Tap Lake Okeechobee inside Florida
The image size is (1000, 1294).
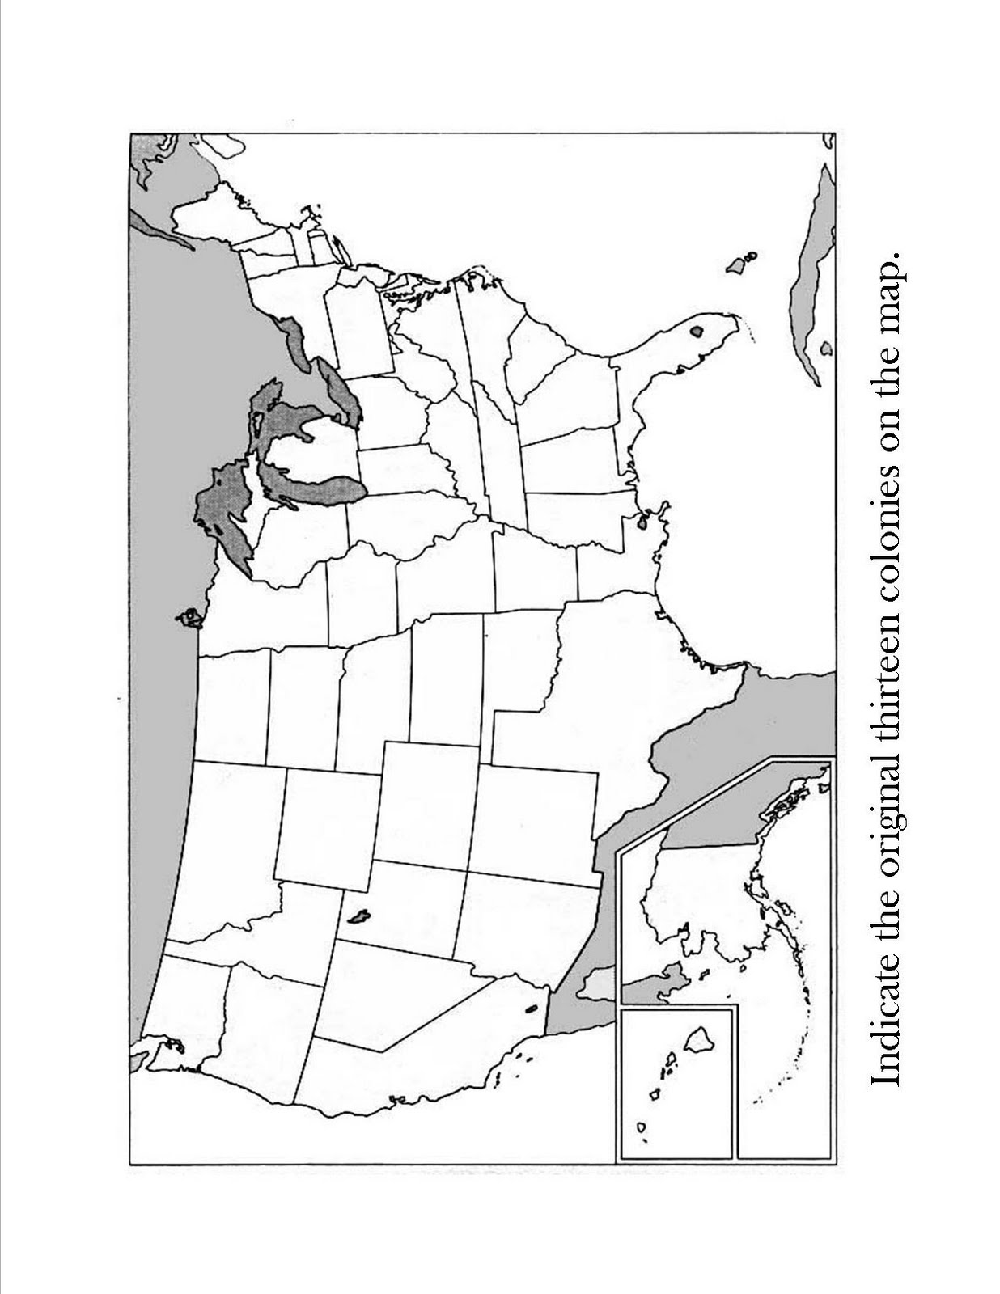click(696, 330)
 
